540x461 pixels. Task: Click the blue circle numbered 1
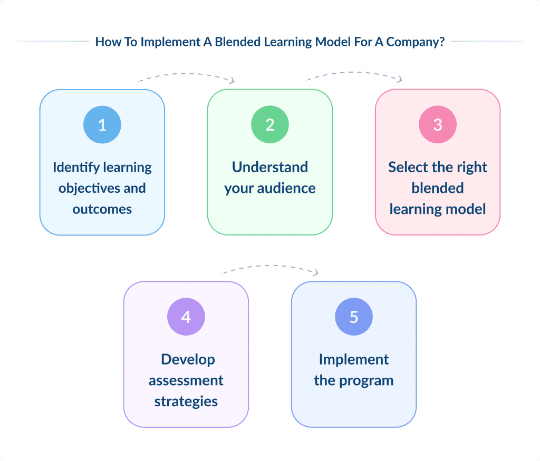coord(102,125)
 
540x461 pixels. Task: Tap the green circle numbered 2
coord(270,125)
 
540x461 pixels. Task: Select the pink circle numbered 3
coord(438,125)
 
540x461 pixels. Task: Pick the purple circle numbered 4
coord(186,317)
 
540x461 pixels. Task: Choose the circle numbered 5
coord(354,317)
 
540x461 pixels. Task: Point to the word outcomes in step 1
coord(102,209)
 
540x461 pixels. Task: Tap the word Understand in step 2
coord(270,168)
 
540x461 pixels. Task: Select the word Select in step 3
coord(406,168)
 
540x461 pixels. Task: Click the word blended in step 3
coord(438,188)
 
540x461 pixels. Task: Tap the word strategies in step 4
coord(186,401)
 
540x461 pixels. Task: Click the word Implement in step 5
coord(354,360)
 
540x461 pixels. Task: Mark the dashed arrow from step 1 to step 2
coord(186,75)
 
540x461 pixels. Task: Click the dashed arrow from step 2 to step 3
coord(354,74)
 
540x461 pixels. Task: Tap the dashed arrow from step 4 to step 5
coord(271,268)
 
